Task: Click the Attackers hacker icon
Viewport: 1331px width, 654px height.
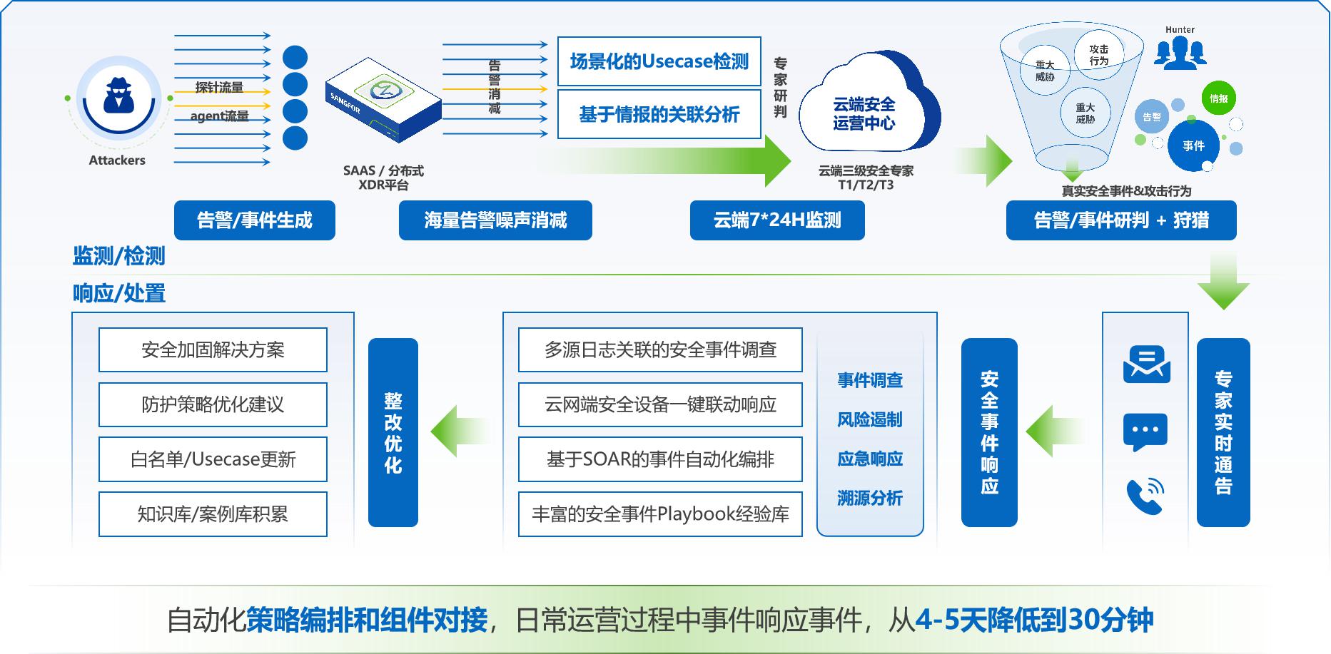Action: (x=118, y=98)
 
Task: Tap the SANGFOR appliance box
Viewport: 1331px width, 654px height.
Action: (x=383, y=101)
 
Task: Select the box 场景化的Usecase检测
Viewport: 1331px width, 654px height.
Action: (x=659, y=61)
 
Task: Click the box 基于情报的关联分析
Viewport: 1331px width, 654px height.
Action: (x=659, y=114)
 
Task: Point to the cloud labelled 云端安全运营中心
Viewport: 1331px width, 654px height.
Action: (x=868, y=107)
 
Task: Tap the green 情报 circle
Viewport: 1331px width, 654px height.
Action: (x=1218, y=98)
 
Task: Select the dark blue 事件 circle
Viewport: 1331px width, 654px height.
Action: (x=1193, y=145)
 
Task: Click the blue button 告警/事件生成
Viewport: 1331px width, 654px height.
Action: (x=255, y=220)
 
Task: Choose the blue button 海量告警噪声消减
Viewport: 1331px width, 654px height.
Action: (x=495, y=220)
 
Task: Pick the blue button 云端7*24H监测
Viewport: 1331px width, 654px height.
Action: (x=777, y=220)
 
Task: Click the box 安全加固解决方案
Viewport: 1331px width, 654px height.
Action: (x=213, y=349)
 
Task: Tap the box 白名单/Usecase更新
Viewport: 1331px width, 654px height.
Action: (x=213, y=459)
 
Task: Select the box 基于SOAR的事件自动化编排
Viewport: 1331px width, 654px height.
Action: (x=660, y=459)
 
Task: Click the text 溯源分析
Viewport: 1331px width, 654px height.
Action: (x=870, y=498)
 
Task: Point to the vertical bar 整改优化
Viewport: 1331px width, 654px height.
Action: (x=393, y=432)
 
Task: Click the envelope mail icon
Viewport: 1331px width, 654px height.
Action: (x=1146, y=364)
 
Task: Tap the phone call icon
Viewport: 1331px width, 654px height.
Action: (x=1145, y=496)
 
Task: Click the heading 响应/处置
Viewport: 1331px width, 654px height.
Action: (x=119, y=293)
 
